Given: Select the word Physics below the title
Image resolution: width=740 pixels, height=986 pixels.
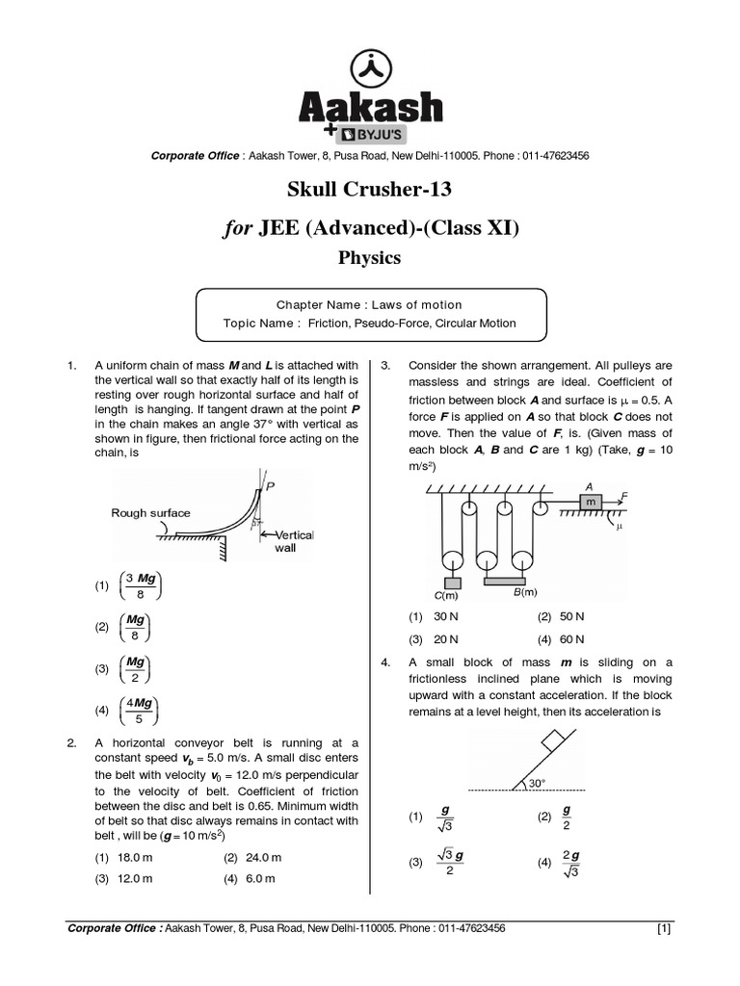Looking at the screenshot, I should pos(370,258).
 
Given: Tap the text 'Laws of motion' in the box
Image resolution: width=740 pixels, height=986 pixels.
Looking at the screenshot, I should pos(416,304).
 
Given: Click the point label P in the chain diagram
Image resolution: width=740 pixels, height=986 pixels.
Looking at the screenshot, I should pos(271,488).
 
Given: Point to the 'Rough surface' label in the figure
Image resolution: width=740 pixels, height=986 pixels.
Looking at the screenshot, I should pos(150,513).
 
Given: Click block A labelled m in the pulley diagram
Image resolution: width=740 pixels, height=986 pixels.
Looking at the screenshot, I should pos(589,502).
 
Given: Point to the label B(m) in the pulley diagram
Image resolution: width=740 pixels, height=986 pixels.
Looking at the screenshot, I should pos(525,591).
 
